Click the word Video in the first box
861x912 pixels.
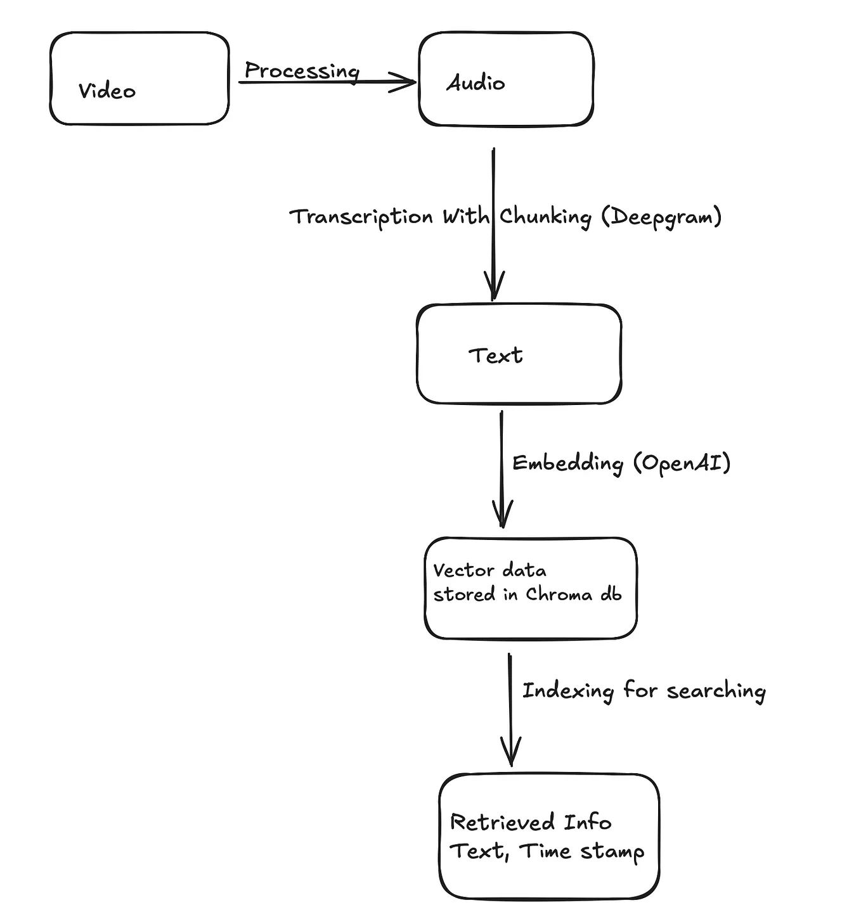[x=107, y=91]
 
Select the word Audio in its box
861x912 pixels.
[x=476, y=83]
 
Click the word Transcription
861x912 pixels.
[x=361, y=217]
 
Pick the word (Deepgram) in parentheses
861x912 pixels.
[x=661, y=217]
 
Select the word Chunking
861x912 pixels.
[x=545, y=217]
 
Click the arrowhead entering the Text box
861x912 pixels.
[x=494, y=285]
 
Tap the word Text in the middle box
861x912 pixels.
[x=495, y=356]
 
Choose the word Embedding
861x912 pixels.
[x=567, y=463]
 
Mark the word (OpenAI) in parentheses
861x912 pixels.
[x=682, y=463]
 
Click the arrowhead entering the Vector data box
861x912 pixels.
[x=502, y=513]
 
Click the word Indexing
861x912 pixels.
[x=567, y=691]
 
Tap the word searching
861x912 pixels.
[x=716, y=691]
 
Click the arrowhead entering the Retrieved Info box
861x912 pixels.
[x=510, y=752]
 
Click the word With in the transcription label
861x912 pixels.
[x=466, y=217]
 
